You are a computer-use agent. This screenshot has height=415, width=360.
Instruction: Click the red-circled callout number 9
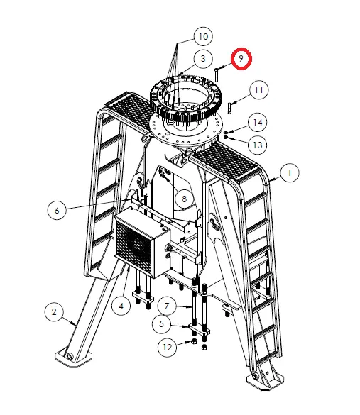(241, 58)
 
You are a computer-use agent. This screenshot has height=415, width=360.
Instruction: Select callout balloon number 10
(203, 36)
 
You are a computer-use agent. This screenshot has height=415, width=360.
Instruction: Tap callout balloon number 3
(203, 58)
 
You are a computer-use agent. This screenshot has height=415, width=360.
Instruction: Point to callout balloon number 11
(258, 89)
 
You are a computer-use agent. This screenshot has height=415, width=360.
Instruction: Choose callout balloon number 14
(258, 122)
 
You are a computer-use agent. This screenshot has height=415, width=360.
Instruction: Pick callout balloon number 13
(258, 145)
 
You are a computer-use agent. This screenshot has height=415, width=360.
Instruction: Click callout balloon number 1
(290, 173)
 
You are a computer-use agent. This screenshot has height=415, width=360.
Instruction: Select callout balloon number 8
(185, 199)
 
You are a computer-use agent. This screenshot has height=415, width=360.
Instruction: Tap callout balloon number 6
(57, 211)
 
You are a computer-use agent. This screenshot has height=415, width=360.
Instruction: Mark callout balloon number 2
(54, 311)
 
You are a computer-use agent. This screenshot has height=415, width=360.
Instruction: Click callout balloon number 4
(121, 306)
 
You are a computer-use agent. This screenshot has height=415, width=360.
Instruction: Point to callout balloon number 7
(167, 306)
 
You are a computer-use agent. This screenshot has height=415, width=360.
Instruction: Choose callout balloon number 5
(162, 323)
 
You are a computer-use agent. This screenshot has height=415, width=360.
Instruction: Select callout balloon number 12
(167, 347)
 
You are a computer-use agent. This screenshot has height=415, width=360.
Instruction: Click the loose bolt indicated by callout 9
(217, 74)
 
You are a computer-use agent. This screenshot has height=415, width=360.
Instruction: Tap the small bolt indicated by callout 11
(229, 108)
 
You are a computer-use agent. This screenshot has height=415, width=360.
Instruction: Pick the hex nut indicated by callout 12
(194, 341)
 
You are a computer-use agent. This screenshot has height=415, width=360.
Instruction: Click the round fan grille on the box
(137, 245)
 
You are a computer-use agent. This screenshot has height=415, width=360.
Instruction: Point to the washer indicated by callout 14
(226, 132)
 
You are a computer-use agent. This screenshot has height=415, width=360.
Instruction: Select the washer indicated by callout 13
(226, 137)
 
